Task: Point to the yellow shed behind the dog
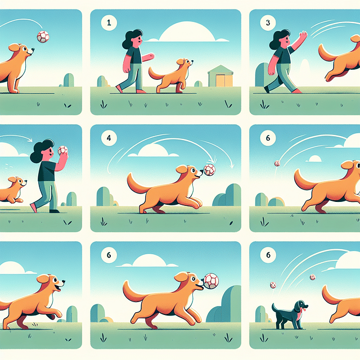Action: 220,76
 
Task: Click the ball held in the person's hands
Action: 62,150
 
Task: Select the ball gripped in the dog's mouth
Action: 210,281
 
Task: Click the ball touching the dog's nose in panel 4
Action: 209,169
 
